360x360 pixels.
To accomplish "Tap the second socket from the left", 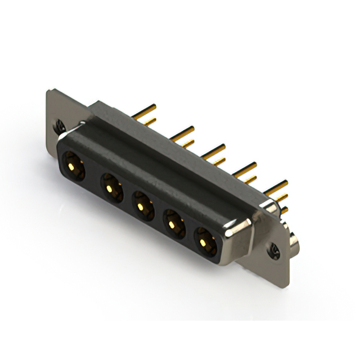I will coord(111,187).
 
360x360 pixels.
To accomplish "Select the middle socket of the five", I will coord(142,206).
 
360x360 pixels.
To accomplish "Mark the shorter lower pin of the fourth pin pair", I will coord(247,180).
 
